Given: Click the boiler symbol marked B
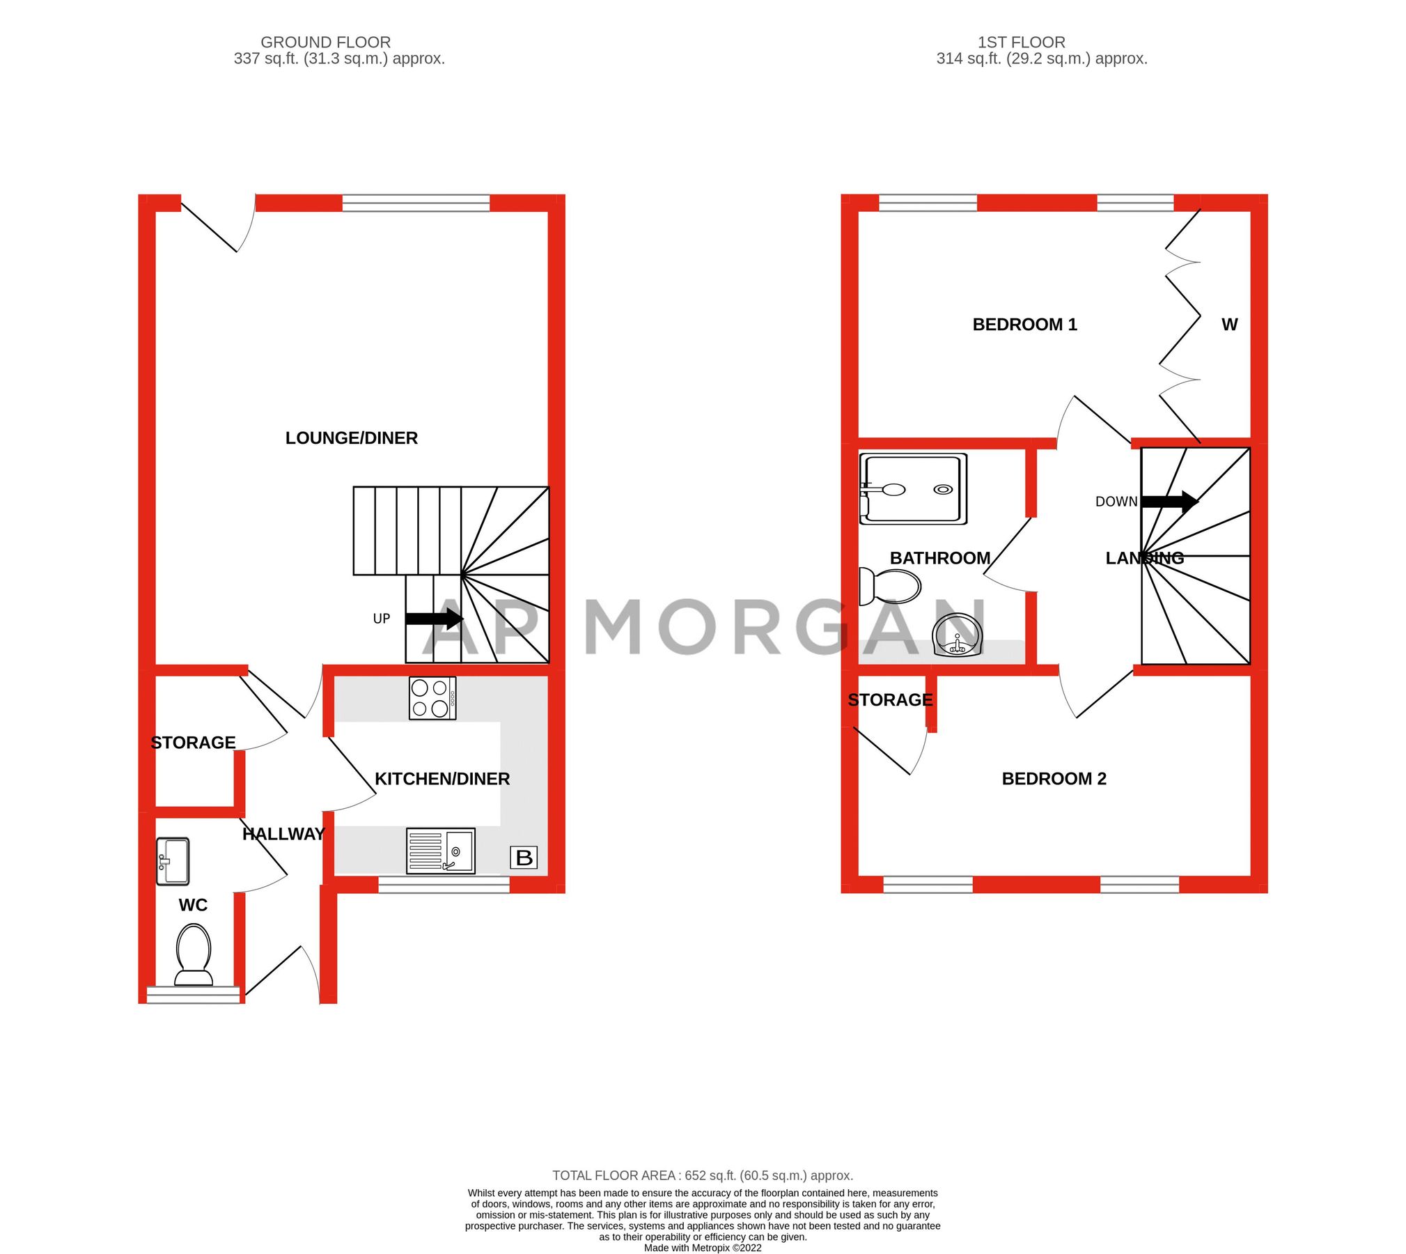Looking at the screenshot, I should pyautogui.click(x=524, y=857).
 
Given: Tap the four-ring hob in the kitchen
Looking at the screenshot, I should pyautogui.click(x=432, y=697).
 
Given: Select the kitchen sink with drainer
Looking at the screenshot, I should pyautogui.click(x=440, y=850).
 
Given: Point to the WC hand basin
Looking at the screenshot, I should pyautogui.click(x=172, y=861).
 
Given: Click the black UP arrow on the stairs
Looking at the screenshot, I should pyautogui.click(x=434, y=618).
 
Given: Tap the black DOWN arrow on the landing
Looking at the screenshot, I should pyautogui.click(x=1169, y=501).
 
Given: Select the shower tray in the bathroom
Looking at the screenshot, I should pyautogui.click(x=913, y=488).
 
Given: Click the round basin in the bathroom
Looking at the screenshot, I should pyautogui.click(x=957, y=635).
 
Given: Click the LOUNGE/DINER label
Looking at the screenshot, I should pyautogui.click(x=351, y=438).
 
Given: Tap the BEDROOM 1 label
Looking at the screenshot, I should pyautogui.click(x=1024, y=325).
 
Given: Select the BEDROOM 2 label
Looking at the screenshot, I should pyautogui.click(x=1054, y=779).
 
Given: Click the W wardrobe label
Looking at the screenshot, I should pyautogui.click(x=1229, y=325).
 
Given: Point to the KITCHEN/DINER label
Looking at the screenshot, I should pyautogui.click(x=442, y=779).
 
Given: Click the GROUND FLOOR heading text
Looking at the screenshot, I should pyautogui.click(x=325, y=42).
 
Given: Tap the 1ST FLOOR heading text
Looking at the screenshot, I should pyautogui.click(x=1021, y=42).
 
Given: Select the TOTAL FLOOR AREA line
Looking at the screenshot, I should pyautogui.click(x=703, y=1175).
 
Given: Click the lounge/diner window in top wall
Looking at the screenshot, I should pyautogui.click(x=416, y=203).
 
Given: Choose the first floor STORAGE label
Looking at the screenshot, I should pyautogui.click(x=890, y=699).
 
